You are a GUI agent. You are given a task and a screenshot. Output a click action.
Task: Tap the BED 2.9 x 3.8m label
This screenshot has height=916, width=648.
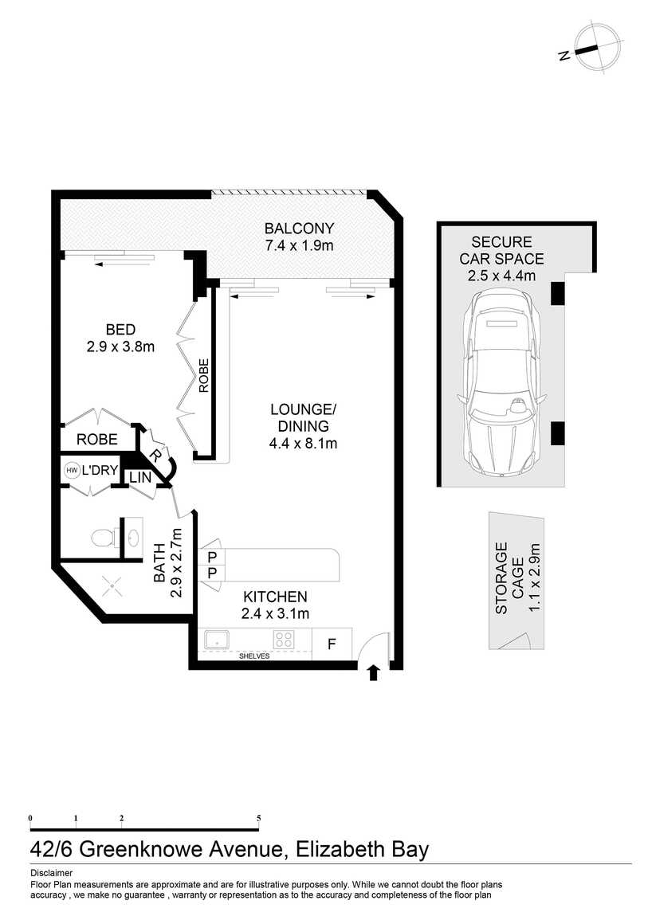[x=120, y=339]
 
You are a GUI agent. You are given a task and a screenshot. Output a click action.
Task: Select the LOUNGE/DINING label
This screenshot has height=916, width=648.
[x=303, y=426]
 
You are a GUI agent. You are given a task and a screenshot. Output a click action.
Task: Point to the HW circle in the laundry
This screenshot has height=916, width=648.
[x=72, y=470]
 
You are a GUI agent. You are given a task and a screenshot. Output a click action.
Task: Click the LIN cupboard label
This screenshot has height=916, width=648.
[x=140, y=477]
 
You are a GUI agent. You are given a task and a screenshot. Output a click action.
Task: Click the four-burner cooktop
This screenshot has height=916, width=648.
[x=284, y=639]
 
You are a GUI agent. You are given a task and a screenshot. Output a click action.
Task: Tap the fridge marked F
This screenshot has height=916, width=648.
[x=332, y=644]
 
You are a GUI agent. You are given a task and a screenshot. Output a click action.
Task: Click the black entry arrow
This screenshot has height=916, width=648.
[x=374, y=672]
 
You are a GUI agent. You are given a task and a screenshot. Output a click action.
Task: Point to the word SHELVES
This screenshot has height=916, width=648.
[x=254, y=656]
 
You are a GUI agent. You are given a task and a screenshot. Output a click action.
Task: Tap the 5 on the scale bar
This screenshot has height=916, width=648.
[x=259, y=819]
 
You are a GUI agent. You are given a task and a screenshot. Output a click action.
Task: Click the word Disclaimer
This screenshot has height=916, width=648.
[x=52, y=873]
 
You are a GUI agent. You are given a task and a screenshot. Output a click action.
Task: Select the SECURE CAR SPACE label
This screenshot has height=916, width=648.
[x=501, y=259]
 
